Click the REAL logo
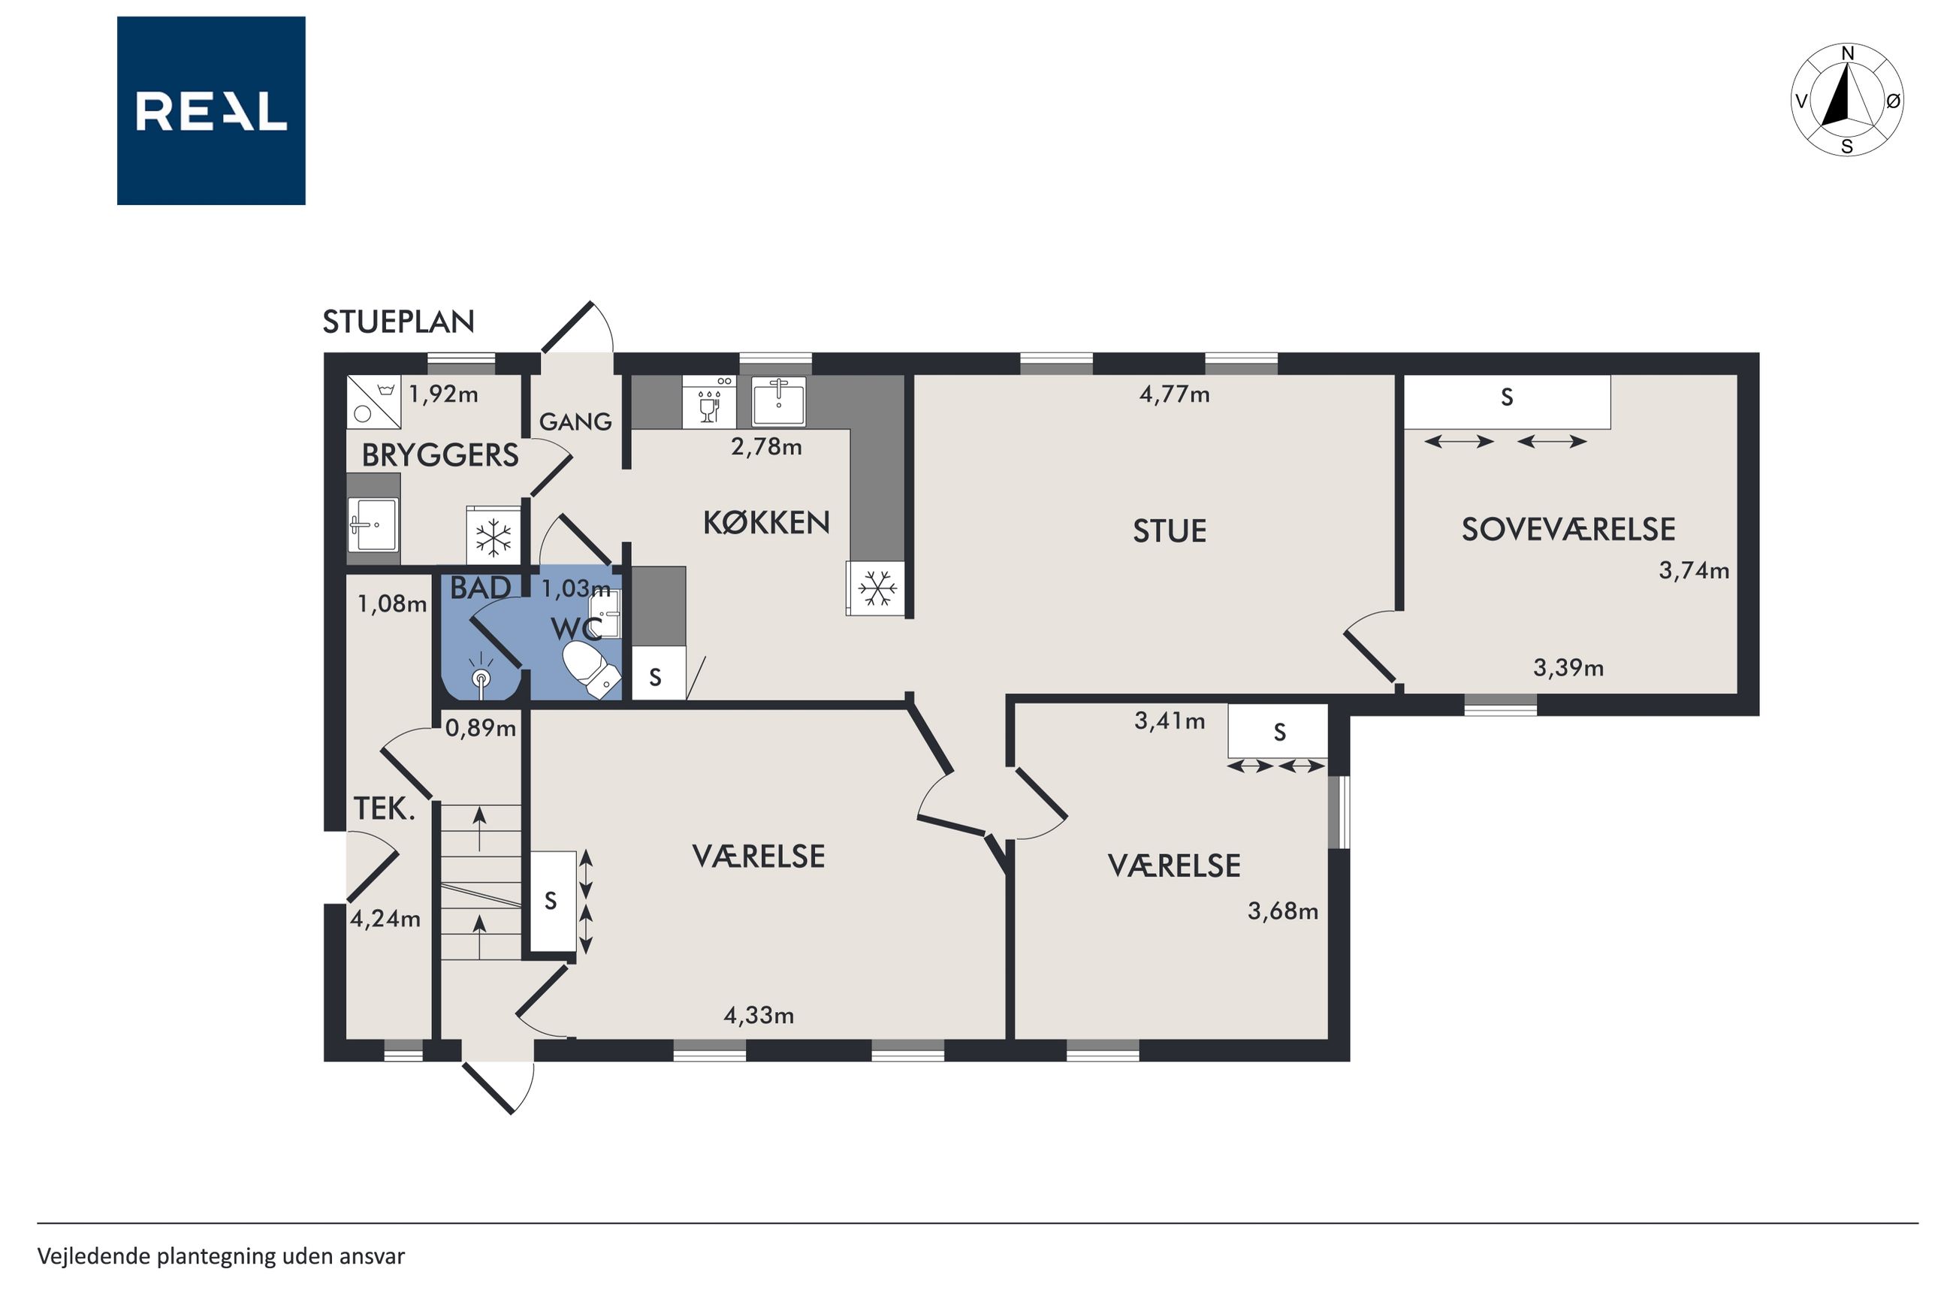[x=211, y=110]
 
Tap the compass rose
[x=1847, y=100]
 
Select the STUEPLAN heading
[x=398, y=322]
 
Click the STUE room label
[x=1170, y=531]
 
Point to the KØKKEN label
[x=766, y=522]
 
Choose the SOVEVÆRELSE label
[x=1568, y=530]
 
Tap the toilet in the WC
[x=592, y=668]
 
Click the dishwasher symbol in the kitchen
[x=709, y=402]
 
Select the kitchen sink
[x=777, y=402]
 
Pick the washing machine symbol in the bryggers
[x=373, y=402]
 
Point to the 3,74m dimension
[x=1694, y=571]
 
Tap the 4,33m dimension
[x=759, y=1016]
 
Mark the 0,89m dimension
[x=481, y=728]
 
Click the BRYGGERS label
[x=440, y=455]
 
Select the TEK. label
[x=385, y=808]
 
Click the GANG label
[x=575, y=421]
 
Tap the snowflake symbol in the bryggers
[x=493, y=537]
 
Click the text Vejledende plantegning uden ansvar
[x=221, y=1255]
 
